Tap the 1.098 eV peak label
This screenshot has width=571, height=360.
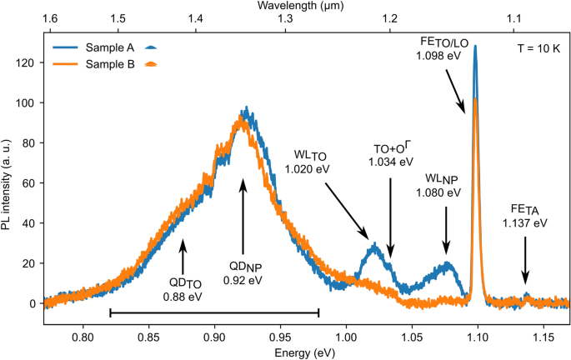coord(438,55)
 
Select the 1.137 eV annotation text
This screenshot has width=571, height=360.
coord(525,222)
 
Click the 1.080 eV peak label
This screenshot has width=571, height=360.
coord(436,192)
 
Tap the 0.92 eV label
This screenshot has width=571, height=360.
coord(244,281)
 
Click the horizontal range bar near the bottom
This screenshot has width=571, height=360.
coord(214,313)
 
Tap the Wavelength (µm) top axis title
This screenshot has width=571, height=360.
coord(305,7)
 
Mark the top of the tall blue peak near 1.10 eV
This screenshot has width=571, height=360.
coord(475,47)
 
